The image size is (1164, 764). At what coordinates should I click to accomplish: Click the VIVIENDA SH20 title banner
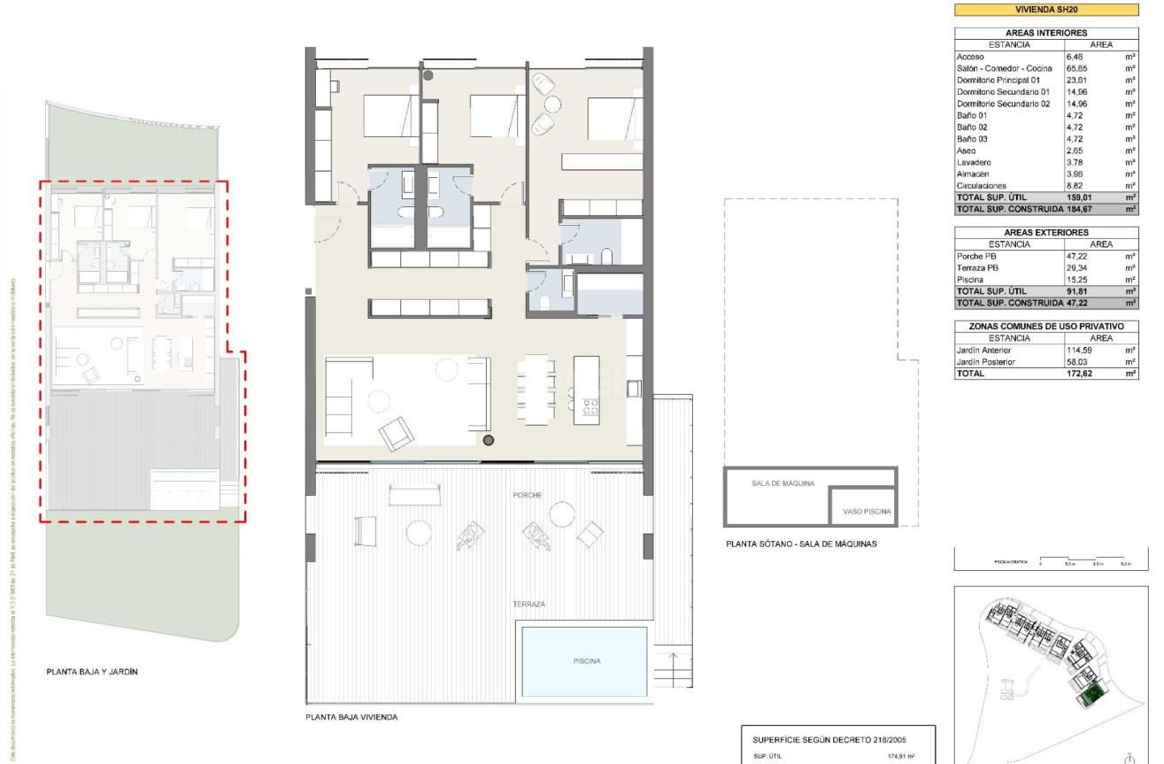click(x=1046, y=10)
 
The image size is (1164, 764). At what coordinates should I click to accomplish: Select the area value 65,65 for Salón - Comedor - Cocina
click(x=1081, y=68)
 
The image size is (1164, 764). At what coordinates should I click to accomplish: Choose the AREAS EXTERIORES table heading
click(x=1046, y=233)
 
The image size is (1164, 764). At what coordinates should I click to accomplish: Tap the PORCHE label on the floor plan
click(x=527, y=496)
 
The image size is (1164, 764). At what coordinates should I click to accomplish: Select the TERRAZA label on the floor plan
click(x=528, y=605)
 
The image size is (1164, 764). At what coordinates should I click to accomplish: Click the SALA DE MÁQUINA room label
click(x=782, y=484)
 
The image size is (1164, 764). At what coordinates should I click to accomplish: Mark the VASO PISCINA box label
click(x=867, y=512)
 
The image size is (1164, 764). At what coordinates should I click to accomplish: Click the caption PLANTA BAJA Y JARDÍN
click(x=92, y=672)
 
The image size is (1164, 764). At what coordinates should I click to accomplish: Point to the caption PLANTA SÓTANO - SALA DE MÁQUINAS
click(x=800, y=544)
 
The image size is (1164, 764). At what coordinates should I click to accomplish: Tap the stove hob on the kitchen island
click(x=590, y=407)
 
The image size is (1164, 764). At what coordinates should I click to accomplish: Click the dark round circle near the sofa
click(x=488, y=440)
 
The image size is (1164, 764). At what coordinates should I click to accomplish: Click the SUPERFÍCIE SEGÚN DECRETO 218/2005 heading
click(x=829, y=739)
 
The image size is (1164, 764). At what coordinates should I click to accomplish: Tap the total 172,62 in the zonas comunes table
click(x=1081, y=374)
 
